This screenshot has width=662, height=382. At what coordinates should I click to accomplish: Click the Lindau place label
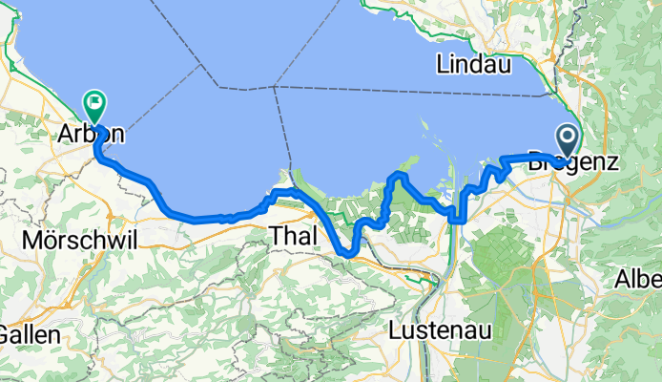click(x=473, y=65)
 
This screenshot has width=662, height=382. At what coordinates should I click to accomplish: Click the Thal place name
click(x=295, y=234)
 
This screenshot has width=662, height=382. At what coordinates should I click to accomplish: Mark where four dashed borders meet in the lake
click(x=274, y=86)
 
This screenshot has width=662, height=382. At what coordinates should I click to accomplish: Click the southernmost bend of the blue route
click(x=348, y=253)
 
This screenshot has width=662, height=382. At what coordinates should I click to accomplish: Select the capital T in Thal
click(x=278, y=234)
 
